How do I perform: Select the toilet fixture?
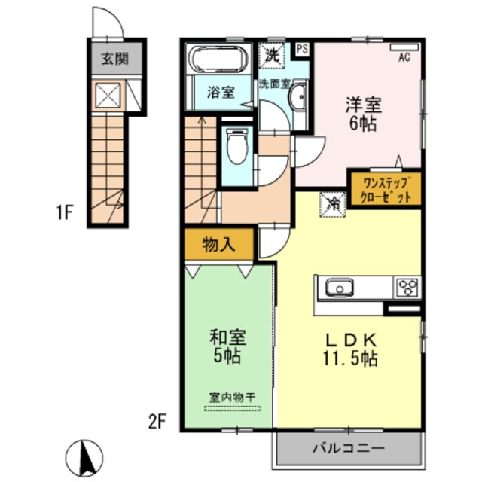coord(236,147)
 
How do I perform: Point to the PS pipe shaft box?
coord(302,50)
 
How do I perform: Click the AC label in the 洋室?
coord(404,57)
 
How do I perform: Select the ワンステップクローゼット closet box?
coord(383,189)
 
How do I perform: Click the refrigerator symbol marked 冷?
coord(333,202)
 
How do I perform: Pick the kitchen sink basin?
coord(339,287)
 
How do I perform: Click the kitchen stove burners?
coord(408,287)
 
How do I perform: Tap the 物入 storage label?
coord(218,243)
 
